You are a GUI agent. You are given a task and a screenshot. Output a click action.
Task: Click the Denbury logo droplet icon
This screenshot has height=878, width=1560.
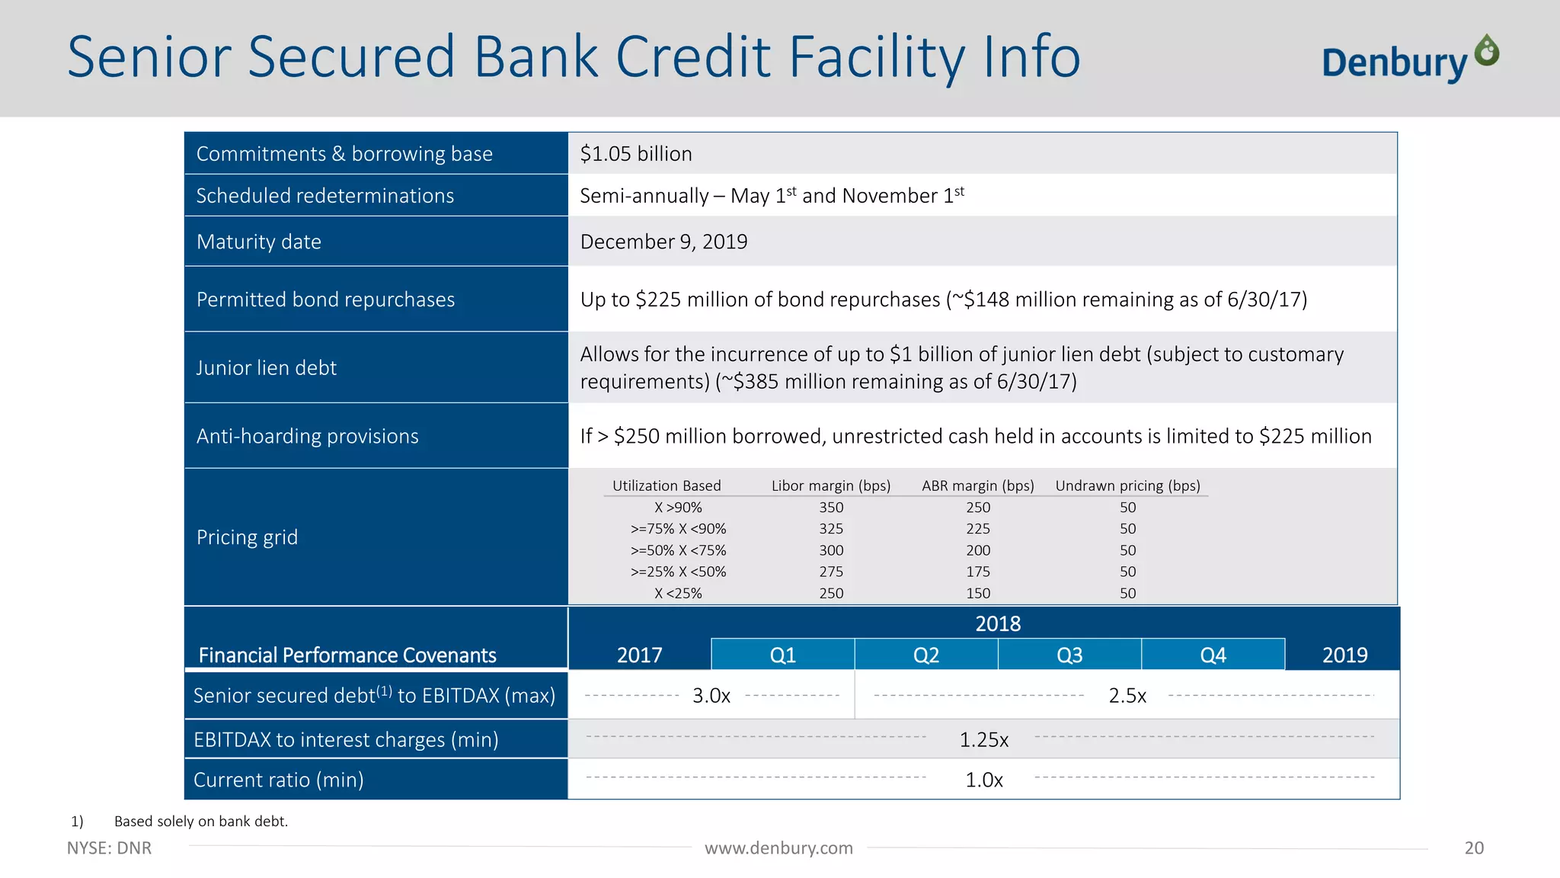coord(1487,51)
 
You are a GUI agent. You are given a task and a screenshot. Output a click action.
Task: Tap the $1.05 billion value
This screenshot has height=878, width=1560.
coord(636,154)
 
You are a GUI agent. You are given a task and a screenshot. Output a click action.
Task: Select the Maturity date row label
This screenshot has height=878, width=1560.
coord(259,242)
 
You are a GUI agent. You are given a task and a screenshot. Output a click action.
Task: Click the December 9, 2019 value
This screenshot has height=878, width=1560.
coord(663,242)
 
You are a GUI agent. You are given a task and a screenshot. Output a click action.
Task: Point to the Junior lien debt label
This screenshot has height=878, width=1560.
coord(267,368)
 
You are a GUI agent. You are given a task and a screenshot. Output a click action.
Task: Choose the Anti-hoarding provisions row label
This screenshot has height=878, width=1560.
coord(308,436)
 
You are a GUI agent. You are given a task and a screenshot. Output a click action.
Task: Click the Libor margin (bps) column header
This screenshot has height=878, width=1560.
coord(831,485)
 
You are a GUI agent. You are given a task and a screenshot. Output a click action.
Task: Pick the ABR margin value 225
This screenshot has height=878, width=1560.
coord(978,529)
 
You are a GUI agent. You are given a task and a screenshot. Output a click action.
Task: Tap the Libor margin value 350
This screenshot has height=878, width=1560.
coord(831,508)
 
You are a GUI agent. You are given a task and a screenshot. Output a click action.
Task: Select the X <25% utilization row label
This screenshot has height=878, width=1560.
coord(678,593)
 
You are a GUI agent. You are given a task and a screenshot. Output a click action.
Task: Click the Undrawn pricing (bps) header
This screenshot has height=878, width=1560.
coord(1127,485)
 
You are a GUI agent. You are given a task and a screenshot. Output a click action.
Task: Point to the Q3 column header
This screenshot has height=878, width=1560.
coord(1069,655)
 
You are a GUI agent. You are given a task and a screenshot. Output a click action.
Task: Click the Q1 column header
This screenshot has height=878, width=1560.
coord(783,655)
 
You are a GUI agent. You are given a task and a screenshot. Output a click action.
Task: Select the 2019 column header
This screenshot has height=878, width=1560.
coord(1344,655)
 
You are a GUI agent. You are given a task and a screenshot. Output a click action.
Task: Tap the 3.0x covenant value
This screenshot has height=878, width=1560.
coord(711,696)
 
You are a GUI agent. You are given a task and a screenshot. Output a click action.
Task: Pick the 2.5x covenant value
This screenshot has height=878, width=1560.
coord(1127,696)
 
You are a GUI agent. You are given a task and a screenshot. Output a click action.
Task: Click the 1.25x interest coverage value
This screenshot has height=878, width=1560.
coord(984,740)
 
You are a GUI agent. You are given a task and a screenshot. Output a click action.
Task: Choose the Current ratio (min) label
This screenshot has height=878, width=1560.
coord(279,780)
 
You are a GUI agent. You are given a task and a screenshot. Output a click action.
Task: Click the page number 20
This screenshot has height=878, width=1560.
coord(1474,848)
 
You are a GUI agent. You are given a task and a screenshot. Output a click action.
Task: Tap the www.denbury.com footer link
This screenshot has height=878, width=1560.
coord(778,848)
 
